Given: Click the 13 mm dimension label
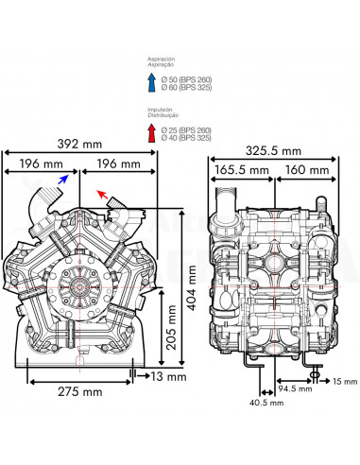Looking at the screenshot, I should [160, 376].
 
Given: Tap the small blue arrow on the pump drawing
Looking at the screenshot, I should [62, 177].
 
